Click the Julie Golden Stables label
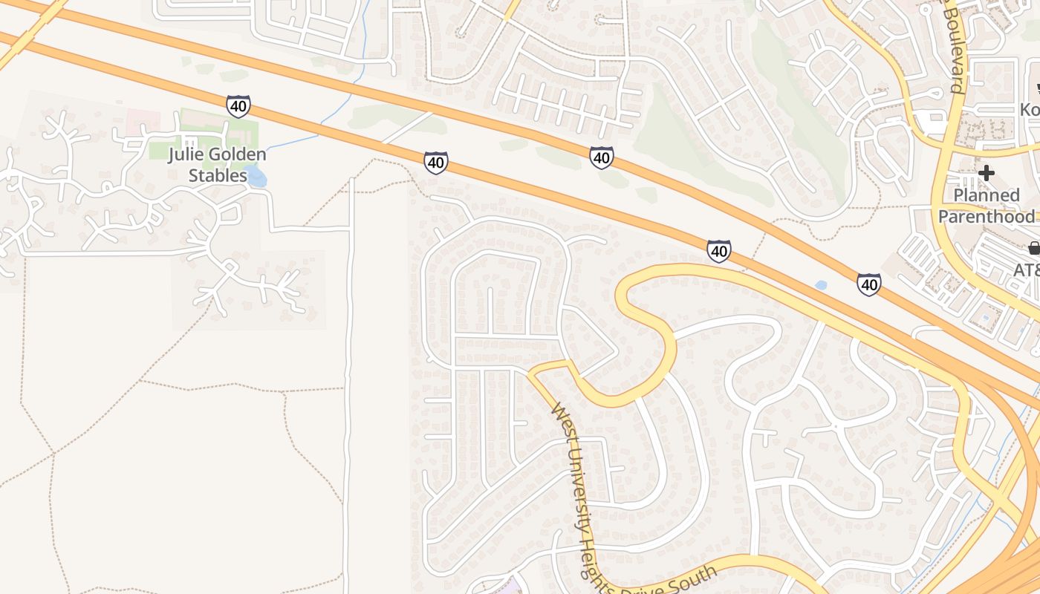tap(217, 166)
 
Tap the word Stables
tap(217, 176)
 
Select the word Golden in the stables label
tap(237, 155)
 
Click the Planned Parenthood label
tap(986, 206)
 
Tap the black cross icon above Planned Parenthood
tap(986, 174)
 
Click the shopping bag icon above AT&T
tap(1033, 248)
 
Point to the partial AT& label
tap(1027, 270)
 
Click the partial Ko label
tap(1030, 109)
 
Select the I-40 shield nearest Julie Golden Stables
tap(238, 106)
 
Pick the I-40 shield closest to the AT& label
tap(869, 284)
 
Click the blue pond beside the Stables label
tap(256, 176)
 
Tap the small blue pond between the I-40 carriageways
tap(820, 285)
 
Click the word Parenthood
tap(986, 216)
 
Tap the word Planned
tap(986, 195)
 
